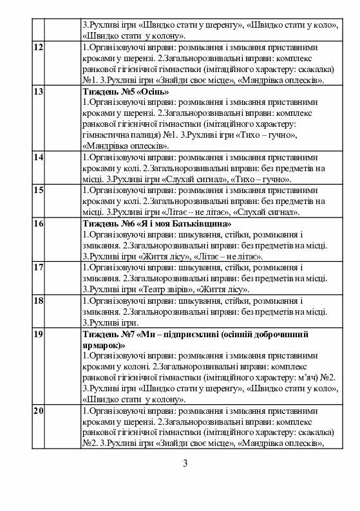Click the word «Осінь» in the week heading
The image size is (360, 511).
(x=151, y=92)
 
